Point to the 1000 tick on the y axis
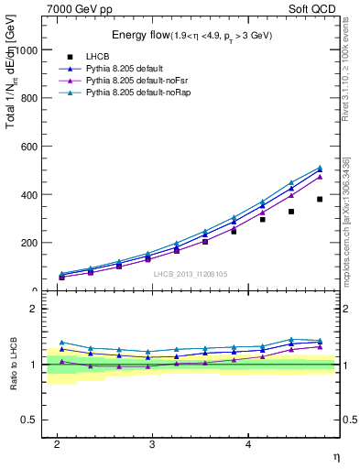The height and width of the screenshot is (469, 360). pyautogui.click(x=28, y=49)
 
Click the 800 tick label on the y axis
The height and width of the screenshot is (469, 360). pyautogui.click(x=31, y=98)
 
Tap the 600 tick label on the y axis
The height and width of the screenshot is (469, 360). pyautogui.click(x=31, y=147)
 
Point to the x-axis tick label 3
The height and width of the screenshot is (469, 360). pyautogui.click(x=152, y=444)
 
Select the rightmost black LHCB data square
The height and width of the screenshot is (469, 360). pyautogui.click(x=320, y=199)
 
